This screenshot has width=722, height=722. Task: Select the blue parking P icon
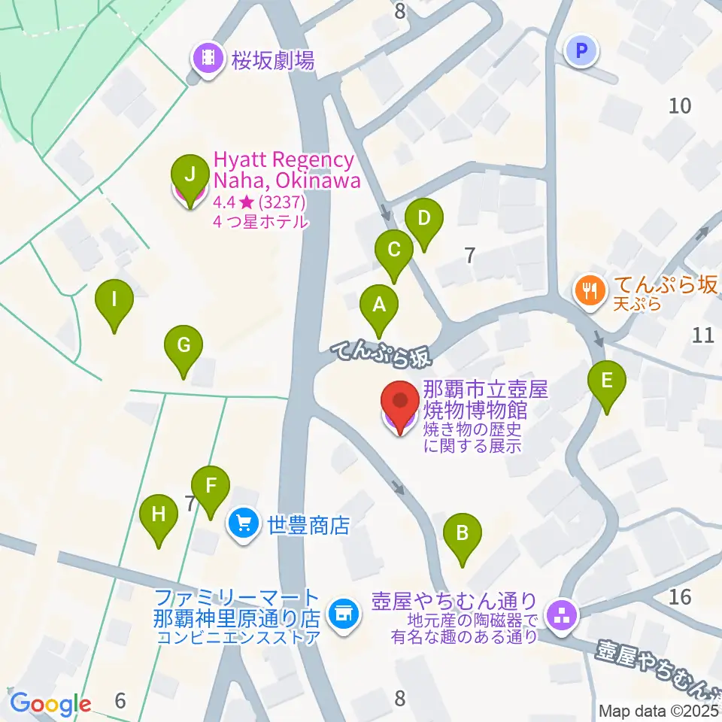(581, 51)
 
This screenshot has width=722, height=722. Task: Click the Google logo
(50, 704)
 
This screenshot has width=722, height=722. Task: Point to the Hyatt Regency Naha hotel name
(286, 170)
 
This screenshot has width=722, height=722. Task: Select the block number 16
(679, 597)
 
